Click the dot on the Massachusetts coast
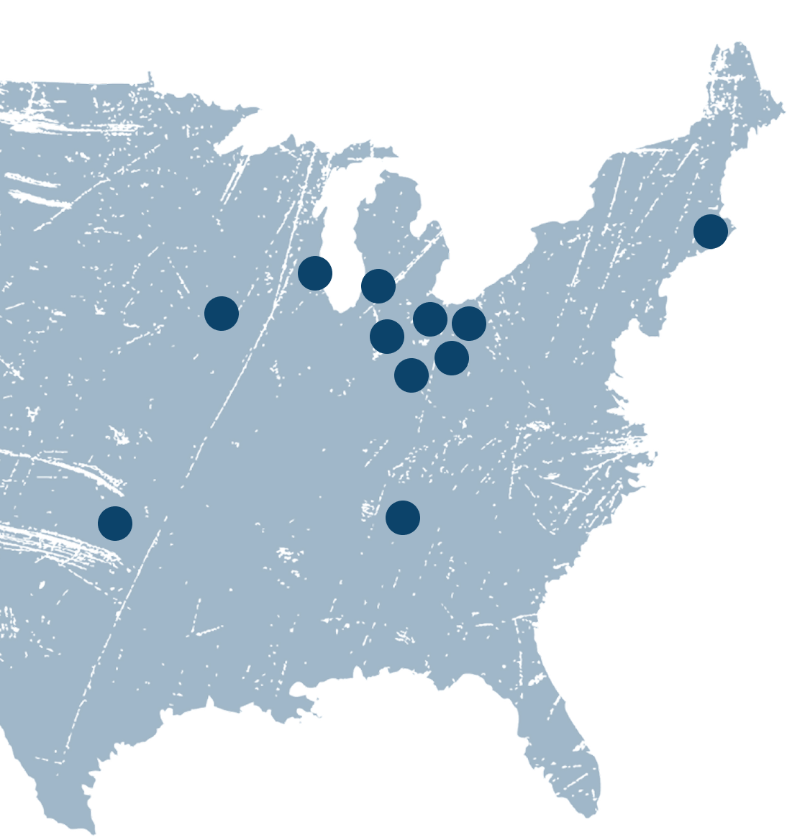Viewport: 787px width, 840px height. (711, 232)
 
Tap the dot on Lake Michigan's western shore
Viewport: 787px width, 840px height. (315, 273)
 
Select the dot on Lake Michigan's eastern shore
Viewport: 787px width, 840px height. (378, 286)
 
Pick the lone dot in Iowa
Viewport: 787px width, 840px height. (222, 314)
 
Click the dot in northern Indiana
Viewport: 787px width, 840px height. (387, 337)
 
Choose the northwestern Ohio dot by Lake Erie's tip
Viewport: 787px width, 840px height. (430, 319)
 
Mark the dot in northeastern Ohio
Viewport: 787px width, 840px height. (469, 324)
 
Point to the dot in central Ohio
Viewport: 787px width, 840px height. (452, 357)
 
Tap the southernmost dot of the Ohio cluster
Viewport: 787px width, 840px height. (411, 375)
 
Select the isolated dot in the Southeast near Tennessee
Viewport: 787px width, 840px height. (403, 518)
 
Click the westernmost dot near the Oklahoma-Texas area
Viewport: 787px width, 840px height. (115, 523)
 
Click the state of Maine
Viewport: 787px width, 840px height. (741, 108)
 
